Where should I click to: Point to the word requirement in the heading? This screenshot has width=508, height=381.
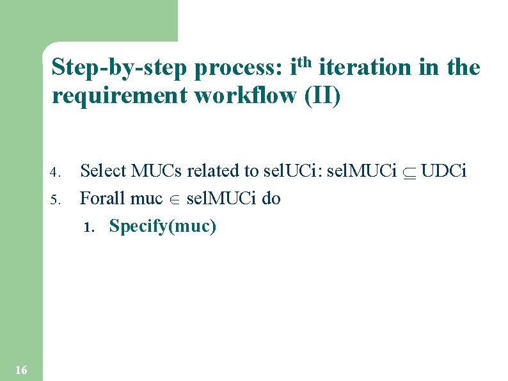point(120,96)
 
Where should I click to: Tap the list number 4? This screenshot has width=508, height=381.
point(55,172)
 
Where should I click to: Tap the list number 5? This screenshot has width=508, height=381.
point(55,199)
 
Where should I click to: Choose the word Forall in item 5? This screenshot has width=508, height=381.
point(102,198)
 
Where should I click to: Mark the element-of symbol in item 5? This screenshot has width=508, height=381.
point(174,199)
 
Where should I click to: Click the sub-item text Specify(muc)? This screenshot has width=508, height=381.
point(163,226)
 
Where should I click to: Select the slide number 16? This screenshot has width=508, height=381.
point(20,369)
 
